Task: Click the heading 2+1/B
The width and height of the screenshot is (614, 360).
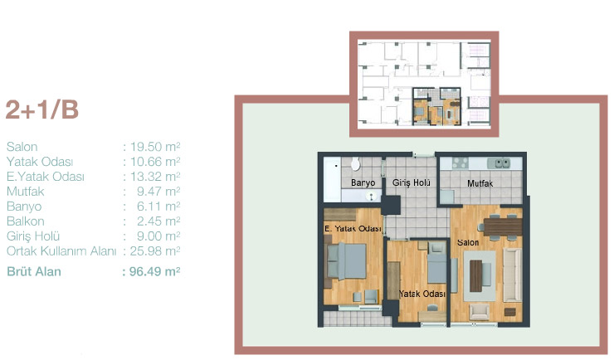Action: point(41,109)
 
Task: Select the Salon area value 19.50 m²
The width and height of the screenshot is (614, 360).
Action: point(155,147)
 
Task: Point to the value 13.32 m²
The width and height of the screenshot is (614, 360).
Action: point(155,177)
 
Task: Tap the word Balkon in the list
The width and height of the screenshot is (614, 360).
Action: point(26,221)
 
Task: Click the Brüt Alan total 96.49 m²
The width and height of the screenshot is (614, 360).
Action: point(154,271)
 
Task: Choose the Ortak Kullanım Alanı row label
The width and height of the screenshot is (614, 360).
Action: point(61,251)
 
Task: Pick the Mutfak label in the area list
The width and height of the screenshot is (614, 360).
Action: point(26,192)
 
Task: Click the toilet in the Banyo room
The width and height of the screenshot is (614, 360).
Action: point(356,163)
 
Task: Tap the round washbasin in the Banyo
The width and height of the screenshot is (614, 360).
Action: point(370,196)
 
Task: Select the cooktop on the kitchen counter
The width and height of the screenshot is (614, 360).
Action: point(460,163)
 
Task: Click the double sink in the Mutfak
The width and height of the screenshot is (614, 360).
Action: point(499,163)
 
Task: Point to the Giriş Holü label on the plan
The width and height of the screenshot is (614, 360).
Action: point(412,182)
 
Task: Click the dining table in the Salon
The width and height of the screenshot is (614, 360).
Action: point(503,227)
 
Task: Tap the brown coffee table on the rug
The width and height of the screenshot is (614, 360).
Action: point(475,276)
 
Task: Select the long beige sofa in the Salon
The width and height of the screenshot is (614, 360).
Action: point(512,275)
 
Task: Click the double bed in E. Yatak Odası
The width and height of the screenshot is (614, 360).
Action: point(346,261)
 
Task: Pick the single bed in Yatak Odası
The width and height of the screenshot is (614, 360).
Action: point(436,263)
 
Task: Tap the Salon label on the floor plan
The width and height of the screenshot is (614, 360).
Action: point(468,242)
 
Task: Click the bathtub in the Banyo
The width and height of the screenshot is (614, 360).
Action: point(332,179)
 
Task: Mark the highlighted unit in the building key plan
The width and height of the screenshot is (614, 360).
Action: point(436,106)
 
